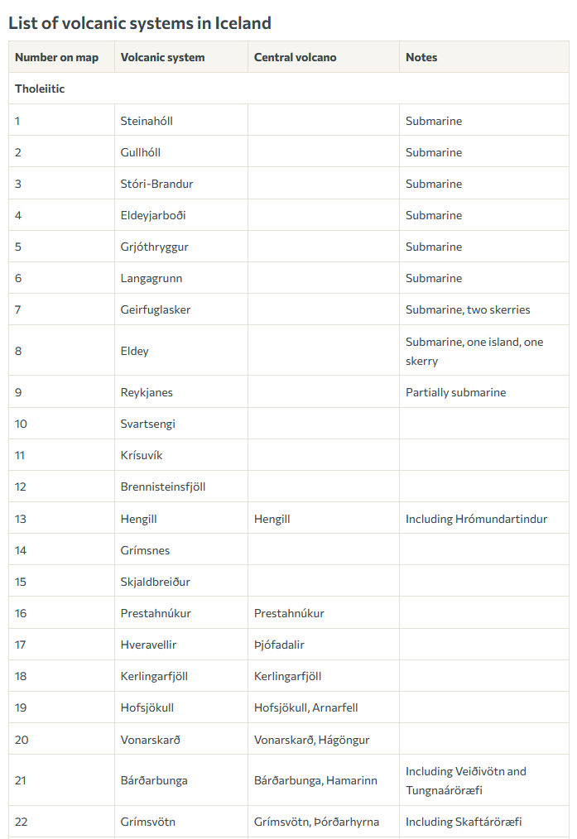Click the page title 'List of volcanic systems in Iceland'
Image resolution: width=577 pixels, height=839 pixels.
[x=140, y=23]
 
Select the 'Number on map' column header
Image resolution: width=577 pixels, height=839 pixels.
[x=56, y=57]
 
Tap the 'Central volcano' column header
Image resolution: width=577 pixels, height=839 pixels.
[x=295, y=57]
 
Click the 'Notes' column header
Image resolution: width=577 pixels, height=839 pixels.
[x=421, y=57]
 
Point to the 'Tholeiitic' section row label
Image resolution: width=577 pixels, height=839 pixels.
[x=40, y=89]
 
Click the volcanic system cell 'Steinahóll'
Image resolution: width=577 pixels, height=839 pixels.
[x=147, y=121]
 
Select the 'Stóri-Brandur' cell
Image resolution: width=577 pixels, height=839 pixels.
[x=156, y=184]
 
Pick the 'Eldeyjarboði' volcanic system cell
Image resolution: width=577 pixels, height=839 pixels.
[x=153, y=215]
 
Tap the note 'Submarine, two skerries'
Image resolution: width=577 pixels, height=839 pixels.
[x=468, y=309]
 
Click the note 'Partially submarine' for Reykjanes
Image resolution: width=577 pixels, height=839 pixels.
[x=455, y=392]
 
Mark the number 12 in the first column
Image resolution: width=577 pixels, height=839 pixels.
[x=21, y=487]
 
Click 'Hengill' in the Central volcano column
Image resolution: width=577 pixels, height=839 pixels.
[x=272, y=519]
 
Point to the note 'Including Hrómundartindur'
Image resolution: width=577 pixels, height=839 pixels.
[x=476, y=519]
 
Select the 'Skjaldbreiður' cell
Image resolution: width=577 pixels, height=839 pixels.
[x=155, y=582]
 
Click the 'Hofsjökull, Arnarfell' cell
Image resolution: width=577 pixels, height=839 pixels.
[x=305, y=707]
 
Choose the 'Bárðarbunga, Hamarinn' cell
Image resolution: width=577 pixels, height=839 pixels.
[x=315, y=780]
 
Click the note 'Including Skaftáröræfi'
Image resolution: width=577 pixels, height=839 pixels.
[x=464, y=822]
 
